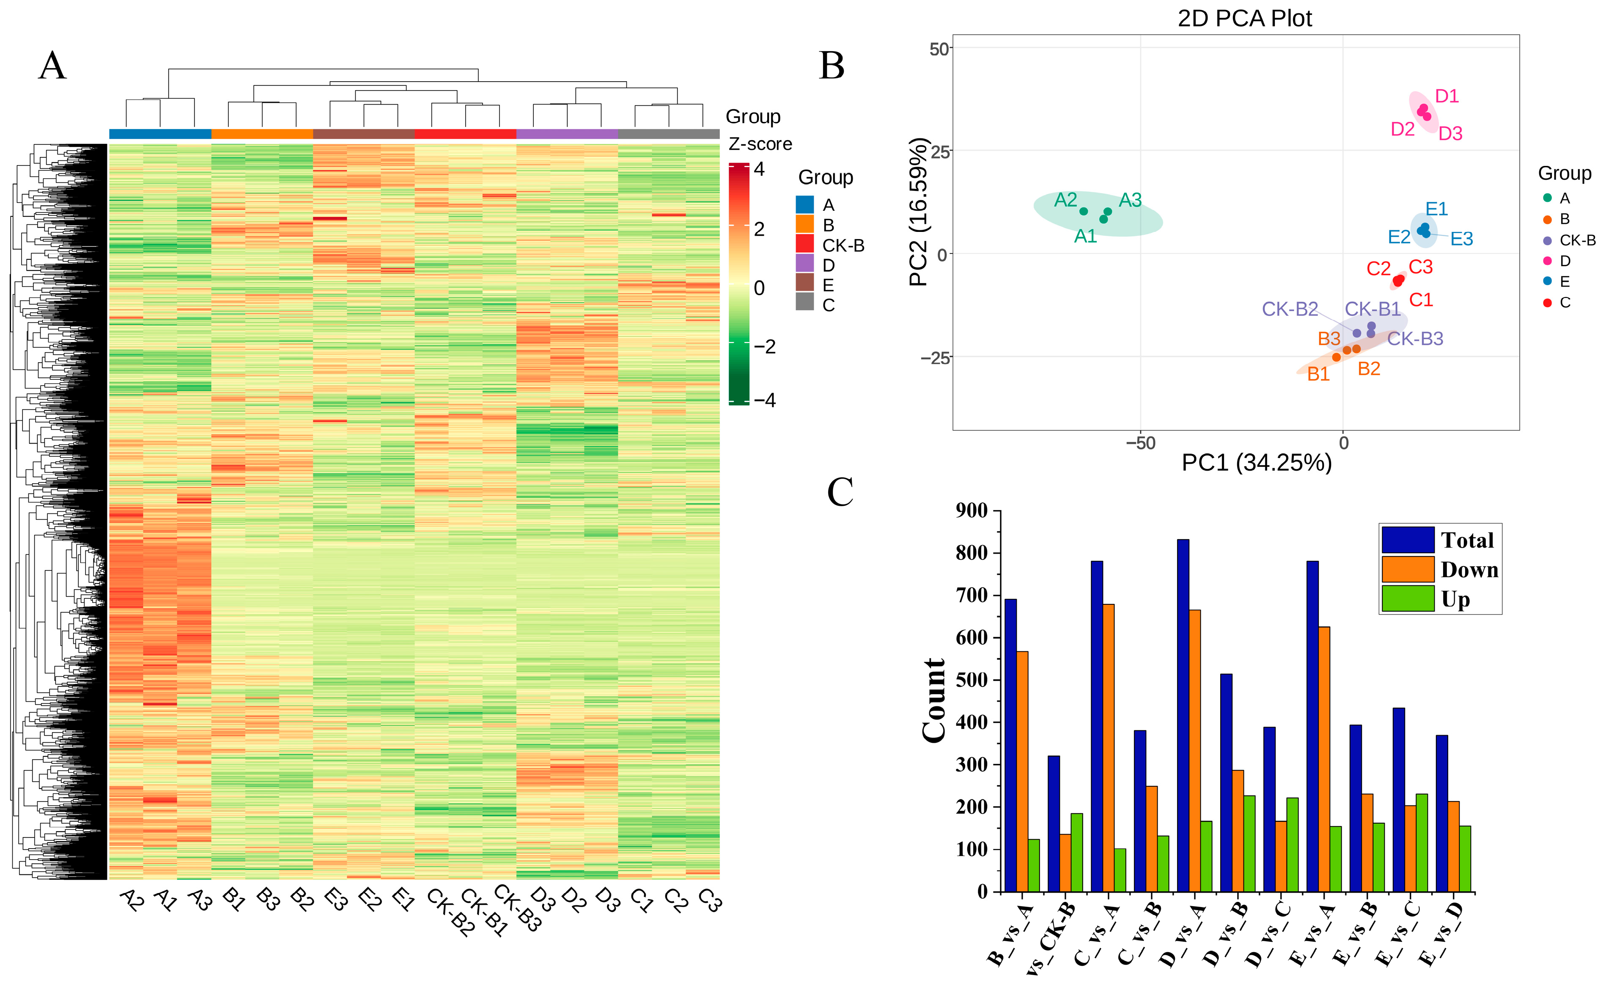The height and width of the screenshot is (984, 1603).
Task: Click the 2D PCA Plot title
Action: pos(1244,18)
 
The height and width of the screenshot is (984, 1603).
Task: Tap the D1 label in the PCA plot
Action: pos(1446,96)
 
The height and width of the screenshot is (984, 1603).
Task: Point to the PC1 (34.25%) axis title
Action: pos(1256,463)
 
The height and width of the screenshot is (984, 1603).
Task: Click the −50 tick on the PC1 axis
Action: pos(1140,444)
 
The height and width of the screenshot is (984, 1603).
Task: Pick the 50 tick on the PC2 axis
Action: pos(939,49)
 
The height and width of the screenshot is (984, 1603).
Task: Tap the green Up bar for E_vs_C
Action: pos(1422,842)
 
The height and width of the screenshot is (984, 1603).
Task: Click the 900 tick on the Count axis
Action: pos(971,511)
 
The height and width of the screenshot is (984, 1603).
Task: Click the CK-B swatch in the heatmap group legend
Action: pos(805,244)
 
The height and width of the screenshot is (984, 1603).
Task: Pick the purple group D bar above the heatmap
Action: pos(567,134)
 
